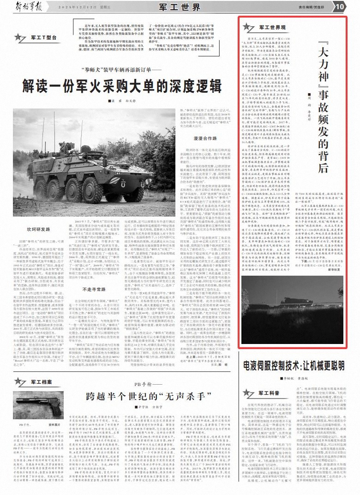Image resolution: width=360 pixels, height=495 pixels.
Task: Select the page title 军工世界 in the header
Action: tap(180, 6)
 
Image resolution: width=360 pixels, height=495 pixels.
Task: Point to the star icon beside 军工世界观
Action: tap(249, 28)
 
